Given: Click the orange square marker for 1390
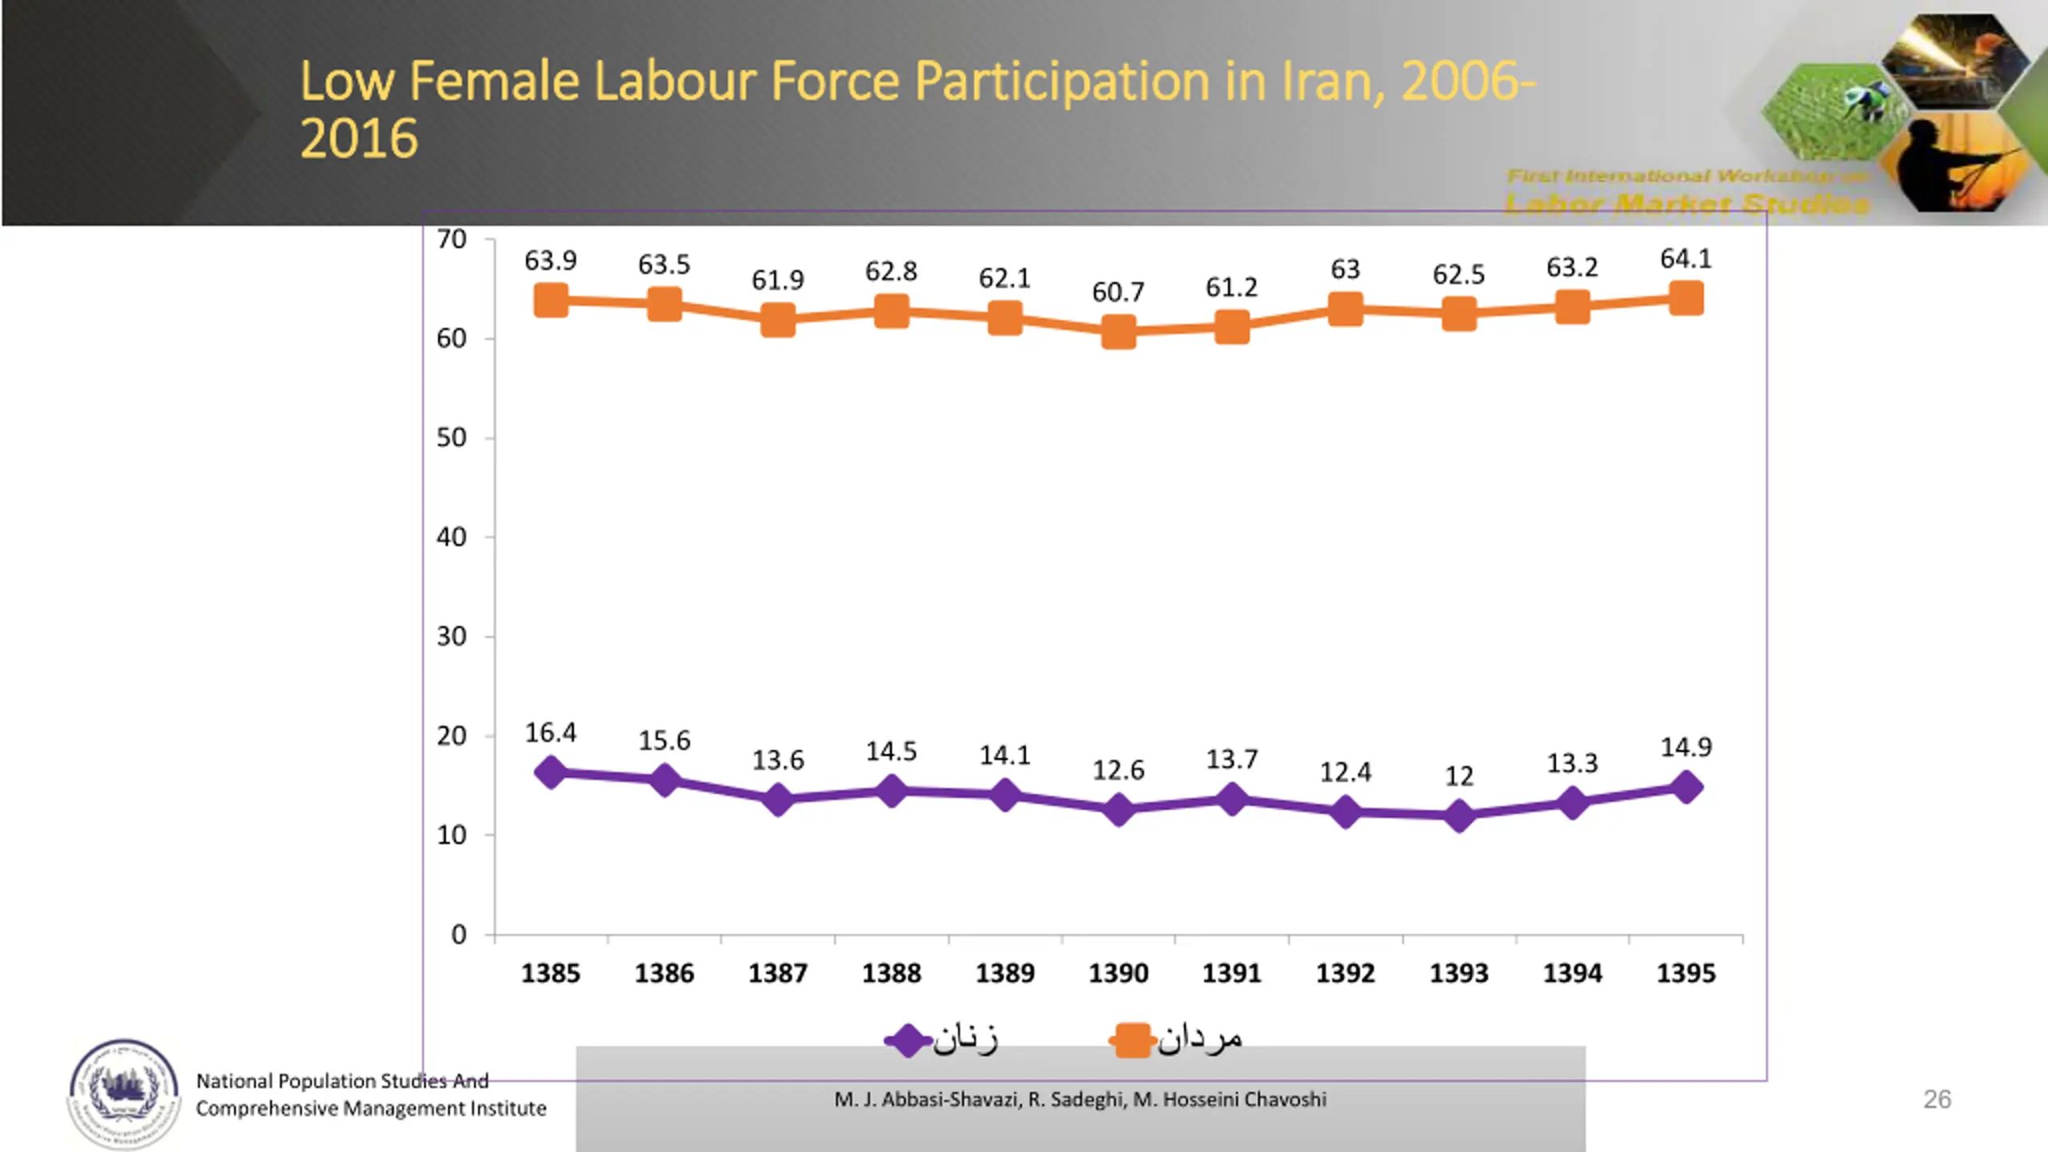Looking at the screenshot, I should (x=1118, y=331).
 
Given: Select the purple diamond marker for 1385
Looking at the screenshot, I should (x=550, y=773).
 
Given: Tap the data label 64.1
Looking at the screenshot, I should (x=1686, y=258).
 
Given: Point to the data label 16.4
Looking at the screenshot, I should (x=550, y=732).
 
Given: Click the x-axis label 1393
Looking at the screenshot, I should (x=1459, y=973).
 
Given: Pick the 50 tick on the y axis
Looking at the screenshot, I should (x=451, y=438).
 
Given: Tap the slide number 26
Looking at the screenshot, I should (x=1937, y=1099).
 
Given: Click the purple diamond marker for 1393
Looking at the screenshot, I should (x=1459, y=816).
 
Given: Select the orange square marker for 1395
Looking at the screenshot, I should (x=1686, y=298).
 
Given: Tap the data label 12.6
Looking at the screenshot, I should (x=1118, y=770).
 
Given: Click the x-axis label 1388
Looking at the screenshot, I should (x=891, y=973).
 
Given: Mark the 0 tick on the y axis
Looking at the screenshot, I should (x=458, y=934).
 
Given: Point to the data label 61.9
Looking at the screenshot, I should (x=778, y=280).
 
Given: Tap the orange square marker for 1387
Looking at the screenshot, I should (x=778, y=320).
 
